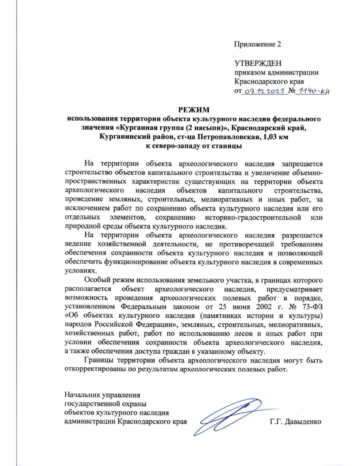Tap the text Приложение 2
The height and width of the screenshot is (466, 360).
coord(257,44)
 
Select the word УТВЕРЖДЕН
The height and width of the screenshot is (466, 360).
coord(258,63)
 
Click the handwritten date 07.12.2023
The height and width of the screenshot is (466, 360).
coord(264,92)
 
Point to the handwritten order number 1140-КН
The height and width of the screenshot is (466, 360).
coord(312,92)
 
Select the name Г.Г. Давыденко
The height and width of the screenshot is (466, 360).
coord(295,422)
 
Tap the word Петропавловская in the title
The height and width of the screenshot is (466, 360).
coord(227,137)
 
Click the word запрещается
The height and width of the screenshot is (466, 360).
coord(302,164)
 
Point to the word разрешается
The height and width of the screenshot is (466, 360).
coord(302,235)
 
